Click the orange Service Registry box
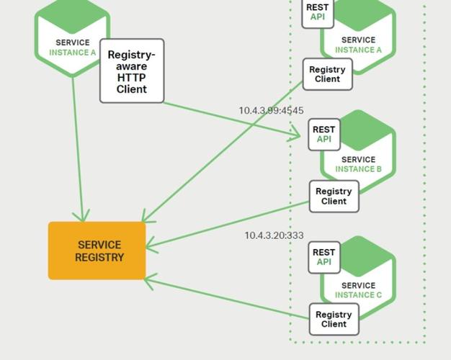click(x=97, y=251)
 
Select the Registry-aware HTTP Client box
click(x=131, y=71)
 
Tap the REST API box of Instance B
click(x=324, y=134)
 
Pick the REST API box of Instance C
click(x=324, y=257)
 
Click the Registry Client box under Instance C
click(x=334, y=319)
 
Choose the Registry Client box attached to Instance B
click(x=334, y=196)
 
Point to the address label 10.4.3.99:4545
click(x=271, y=111)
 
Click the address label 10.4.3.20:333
click(x=274, y=235)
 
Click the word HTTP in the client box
click(x=132, y=78)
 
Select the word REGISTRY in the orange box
click(x=99, y=257)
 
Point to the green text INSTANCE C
click(x=359, y=295)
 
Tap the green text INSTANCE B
click(x=359, y=170)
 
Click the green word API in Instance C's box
click(x=324, y=262)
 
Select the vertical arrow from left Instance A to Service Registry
click(x=78, y=151)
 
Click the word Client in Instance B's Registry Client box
click(x=334, y=202)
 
